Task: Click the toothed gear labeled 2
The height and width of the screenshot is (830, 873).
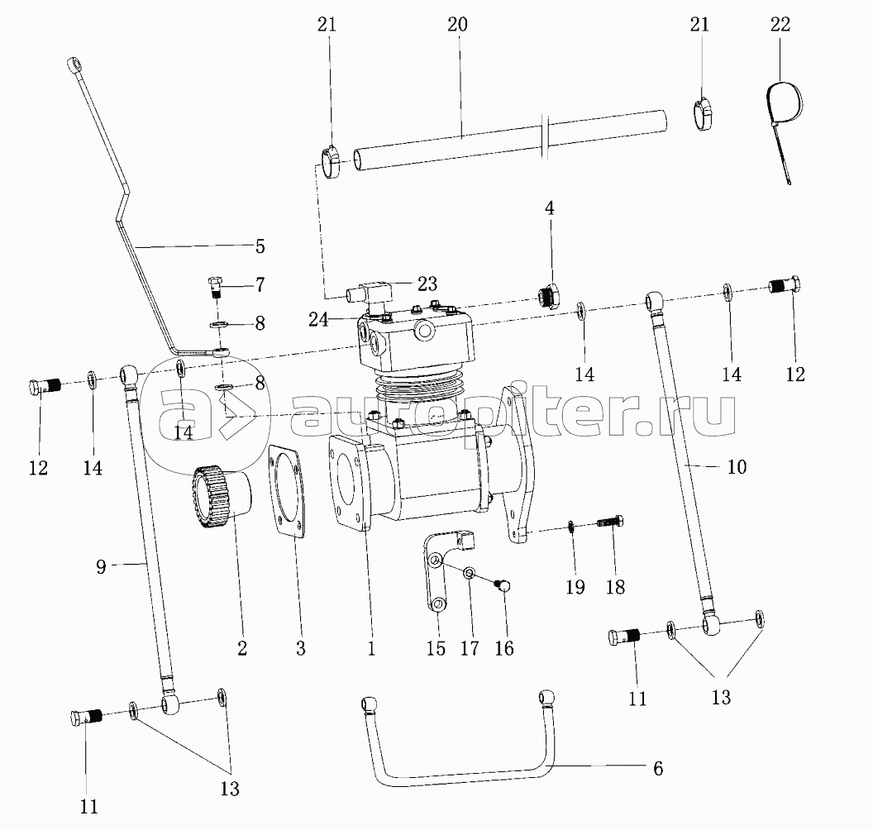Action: (x=221, y=498)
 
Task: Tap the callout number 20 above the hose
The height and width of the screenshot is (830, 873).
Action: (x=457, y=25)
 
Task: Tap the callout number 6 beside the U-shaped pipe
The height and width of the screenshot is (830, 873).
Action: (x=657, y=769)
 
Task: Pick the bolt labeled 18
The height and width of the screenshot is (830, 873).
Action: (x=610, y=522)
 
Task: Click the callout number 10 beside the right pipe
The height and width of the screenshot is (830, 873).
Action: (x=736, y=466)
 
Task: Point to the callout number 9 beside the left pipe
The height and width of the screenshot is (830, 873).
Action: (x=101, y=566)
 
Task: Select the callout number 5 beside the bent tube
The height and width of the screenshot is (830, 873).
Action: (x=260, y=246)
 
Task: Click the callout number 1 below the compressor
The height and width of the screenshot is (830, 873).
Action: (x=371, y=648)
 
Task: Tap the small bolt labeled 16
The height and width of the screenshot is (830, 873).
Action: (x=503, y=584)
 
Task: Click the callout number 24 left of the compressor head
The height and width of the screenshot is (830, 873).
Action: (x=318, y=319)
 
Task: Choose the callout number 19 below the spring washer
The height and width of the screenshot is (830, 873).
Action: (x=575, y=587)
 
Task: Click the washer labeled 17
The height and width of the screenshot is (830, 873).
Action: (x=470, y=573)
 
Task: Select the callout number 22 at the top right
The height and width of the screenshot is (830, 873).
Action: (x=780, y=25)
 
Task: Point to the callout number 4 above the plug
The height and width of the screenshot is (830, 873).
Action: (x=550, y=208)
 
